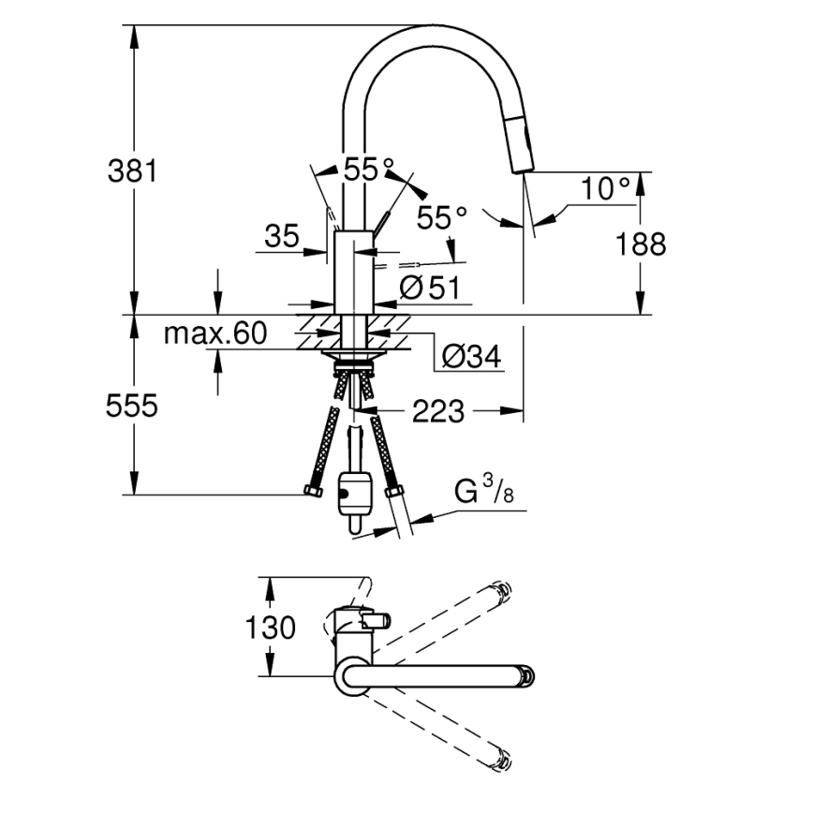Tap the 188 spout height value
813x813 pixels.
(x=641, y=244)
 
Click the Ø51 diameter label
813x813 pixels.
(x=429, y=288)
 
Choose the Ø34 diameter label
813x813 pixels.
(x=469, y=356)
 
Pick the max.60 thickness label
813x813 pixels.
(x=215, y=333)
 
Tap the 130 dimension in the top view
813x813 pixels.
(x=272, y=627)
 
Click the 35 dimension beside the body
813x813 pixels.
(x=280, y=236)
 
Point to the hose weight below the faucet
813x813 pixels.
(x=354, y=494)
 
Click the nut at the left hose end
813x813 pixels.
(x=312, y=492)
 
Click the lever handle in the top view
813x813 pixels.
(x=376, y=620)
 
